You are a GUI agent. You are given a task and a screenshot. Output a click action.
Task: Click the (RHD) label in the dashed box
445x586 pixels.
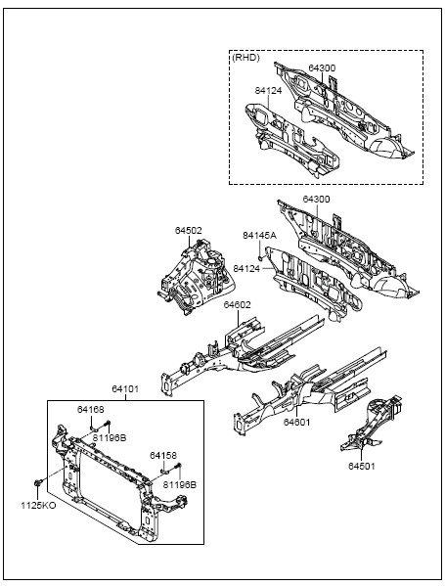pos(245,58)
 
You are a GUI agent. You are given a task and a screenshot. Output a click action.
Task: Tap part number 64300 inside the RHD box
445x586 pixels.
pos(322,68)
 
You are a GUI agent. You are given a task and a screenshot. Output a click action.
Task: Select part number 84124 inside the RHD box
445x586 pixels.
pos(268,90)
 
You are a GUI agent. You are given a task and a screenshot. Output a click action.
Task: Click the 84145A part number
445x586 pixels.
pos(260,236)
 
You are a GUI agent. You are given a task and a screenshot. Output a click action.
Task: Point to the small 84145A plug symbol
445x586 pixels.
pos(261,257)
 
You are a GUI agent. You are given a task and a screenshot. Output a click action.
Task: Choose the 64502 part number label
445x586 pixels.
pos(189,231)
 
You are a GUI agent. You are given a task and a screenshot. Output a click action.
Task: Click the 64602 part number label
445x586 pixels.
pos(238,304)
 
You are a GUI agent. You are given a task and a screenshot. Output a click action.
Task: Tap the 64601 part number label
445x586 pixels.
pos(296,422)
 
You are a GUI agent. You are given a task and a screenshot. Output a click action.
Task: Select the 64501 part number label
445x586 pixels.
pos(361,466)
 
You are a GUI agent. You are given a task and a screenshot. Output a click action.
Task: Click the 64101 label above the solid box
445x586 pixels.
pos(125,389)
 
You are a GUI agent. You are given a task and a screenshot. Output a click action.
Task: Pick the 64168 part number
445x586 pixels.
pos(91,410)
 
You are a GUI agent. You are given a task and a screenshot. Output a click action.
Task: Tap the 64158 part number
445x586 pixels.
pos(163,456)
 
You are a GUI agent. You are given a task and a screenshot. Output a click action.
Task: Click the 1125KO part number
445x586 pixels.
pos(38,506)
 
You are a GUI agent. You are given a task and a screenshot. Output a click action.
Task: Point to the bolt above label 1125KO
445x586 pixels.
pos(37,483)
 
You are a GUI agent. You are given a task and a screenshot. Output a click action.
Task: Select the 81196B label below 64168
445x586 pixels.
pos(110,437)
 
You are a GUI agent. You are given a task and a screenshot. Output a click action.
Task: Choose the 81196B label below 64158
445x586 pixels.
pos(179,484)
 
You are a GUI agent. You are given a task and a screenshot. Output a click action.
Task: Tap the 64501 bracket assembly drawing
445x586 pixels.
pos(372,423)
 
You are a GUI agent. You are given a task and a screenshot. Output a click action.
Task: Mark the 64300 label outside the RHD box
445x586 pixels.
pos(316,200)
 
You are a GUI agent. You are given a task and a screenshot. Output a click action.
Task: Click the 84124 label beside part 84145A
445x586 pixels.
pos(246,268)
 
